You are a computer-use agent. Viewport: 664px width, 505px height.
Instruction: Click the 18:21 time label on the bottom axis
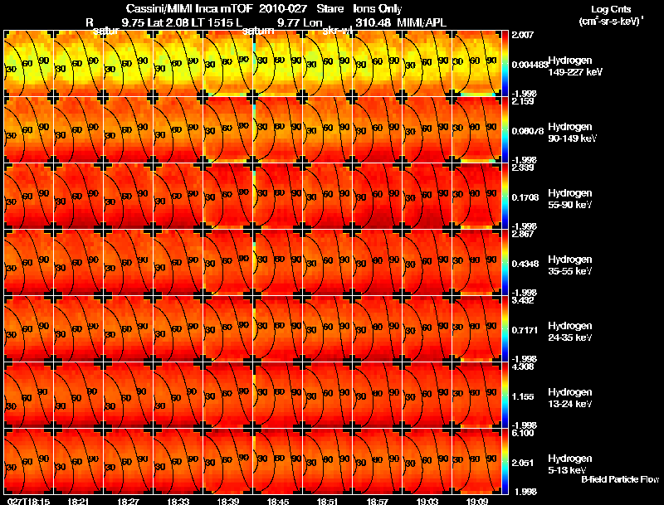pyautogui.click(x=79, y=501)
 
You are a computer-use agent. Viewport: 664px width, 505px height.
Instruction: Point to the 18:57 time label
pyautogui.click(x=378, y=501)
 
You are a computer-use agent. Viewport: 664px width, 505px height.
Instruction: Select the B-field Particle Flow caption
pyautogui.click(x=619, y=479)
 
